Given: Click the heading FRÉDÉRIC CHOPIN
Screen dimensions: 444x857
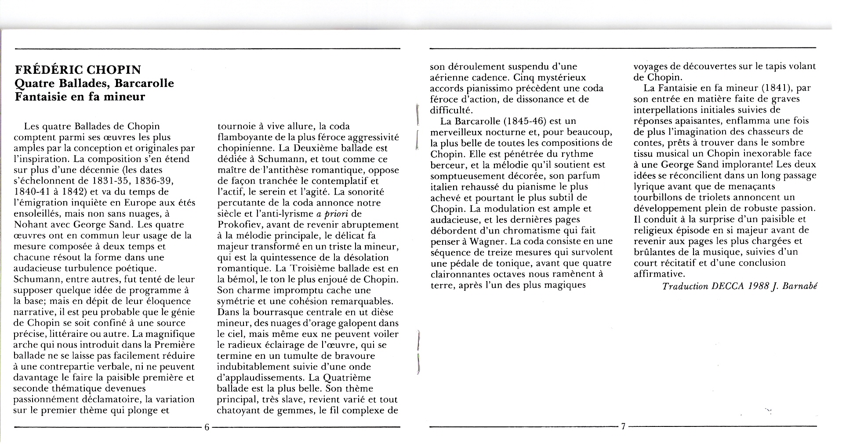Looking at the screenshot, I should (78, 70).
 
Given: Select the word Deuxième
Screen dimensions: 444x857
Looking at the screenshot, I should (315, 148).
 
